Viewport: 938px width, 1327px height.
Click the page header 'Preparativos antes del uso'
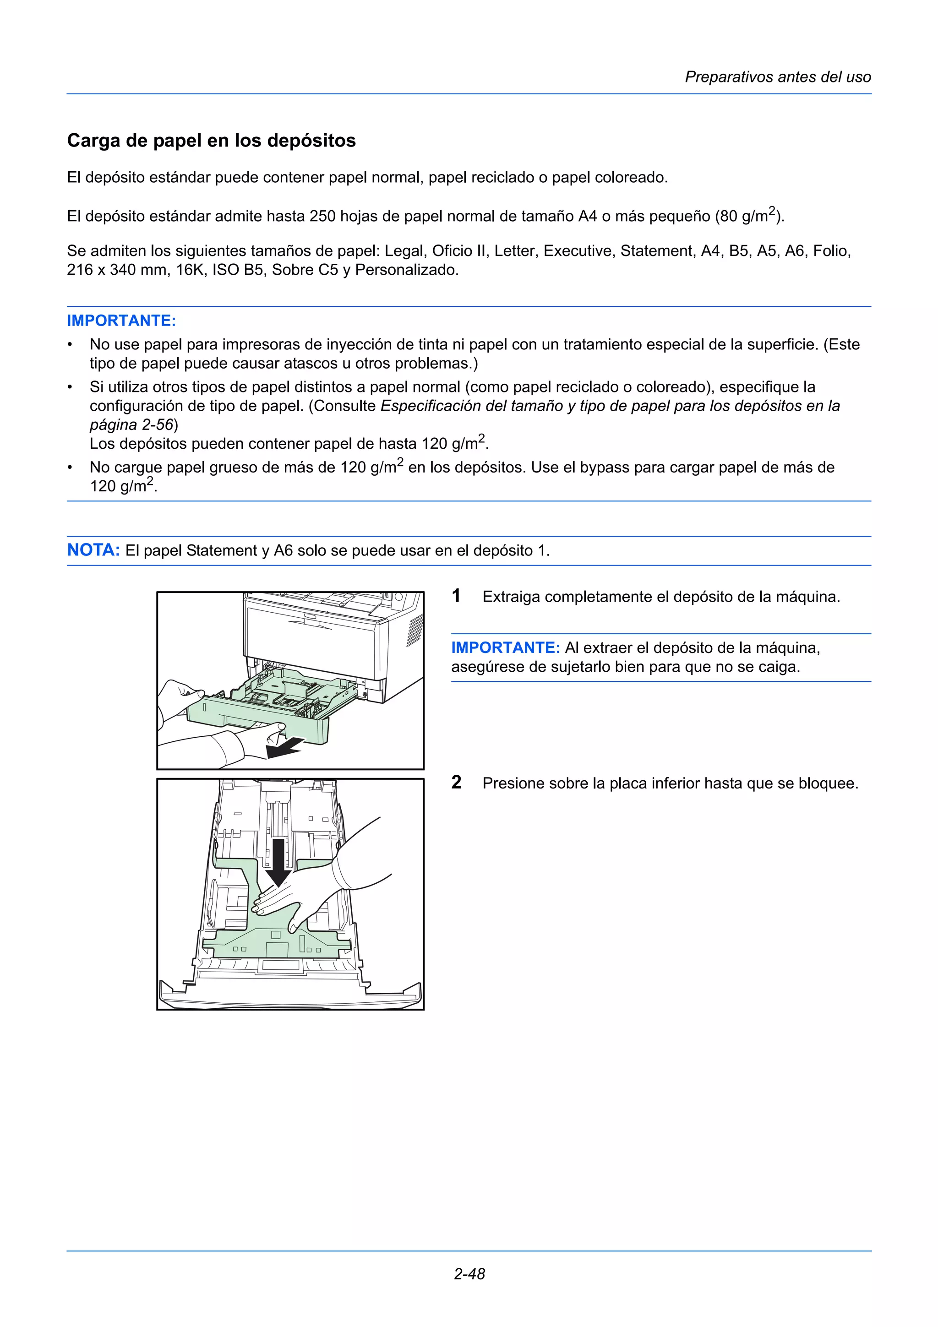click(777, 77)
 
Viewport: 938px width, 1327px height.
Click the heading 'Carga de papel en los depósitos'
click(211, 141)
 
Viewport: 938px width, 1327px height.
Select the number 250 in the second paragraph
click(322, 217)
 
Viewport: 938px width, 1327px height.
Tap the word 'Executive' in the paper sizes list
click(578, 251)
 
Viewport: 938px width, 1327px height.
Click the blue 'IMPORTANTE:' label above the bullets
click(121, 321)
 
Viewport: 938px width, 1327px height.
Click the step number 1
click(456, 596)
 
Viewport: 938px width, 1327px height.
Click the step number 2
click(456, 783)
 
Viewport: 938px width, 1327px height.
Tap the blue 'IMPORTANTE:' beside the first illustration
click(505, 647)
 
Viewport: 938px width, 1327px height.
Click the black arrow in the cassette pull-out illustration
click(284, 747)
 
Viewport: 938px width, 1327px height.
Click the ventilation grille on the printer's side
click(414, 631)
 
